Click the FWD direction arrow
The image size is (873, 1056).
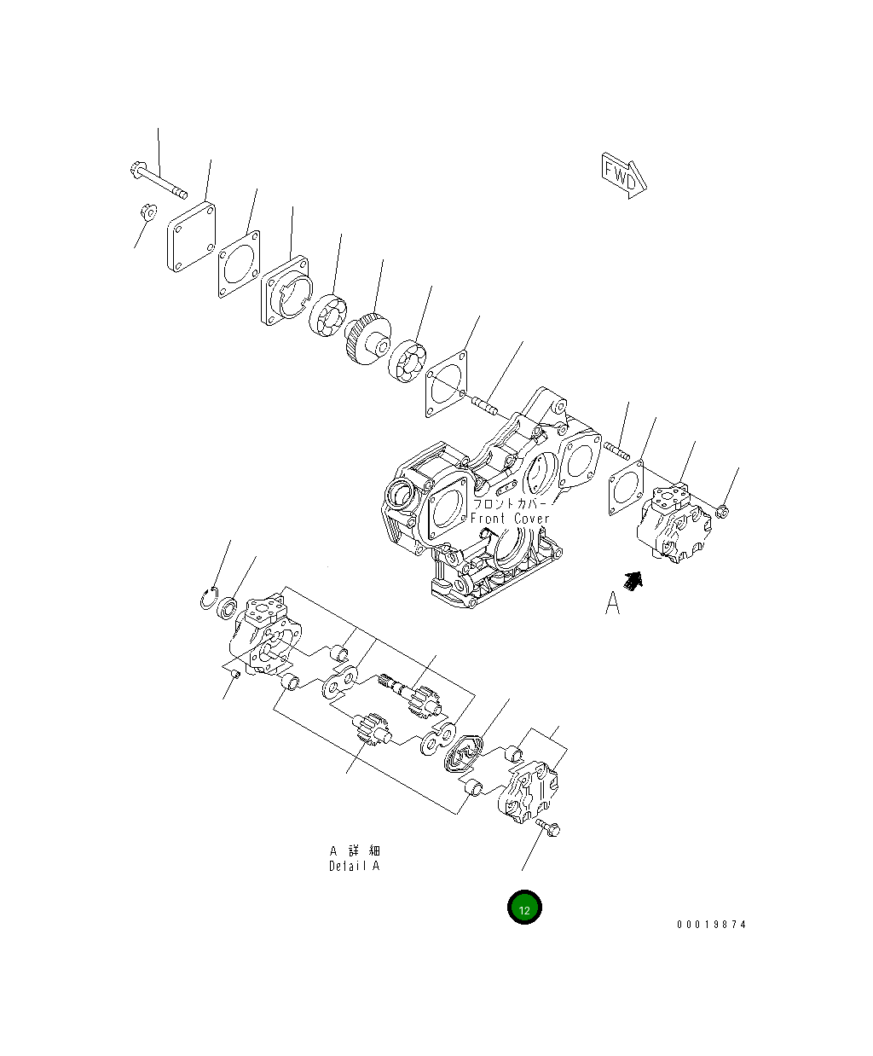coord(624,175)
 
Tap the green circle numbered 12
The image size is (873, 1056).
coord(524,909)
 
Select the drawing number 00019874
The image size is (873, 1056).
coord(711,925)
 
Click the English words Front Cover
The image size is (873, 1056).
coord(510,519)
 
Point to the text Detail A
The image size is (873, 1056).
coord(354,866)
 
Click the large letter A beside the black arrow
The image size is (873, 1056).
coord(612,603)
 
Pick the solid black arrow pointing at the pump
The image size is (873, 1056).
coord(632,580)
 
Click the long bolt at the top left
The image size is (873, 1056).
coord(159,179)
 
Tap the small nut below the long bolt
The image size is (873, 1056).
coord(146,210)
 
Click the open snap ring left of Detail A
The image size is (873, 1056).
coord(210,599)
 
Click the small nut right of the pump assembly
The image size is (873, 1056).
coord(722,511)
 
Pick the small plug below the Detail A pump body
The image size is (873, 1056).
coord(234,675)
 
